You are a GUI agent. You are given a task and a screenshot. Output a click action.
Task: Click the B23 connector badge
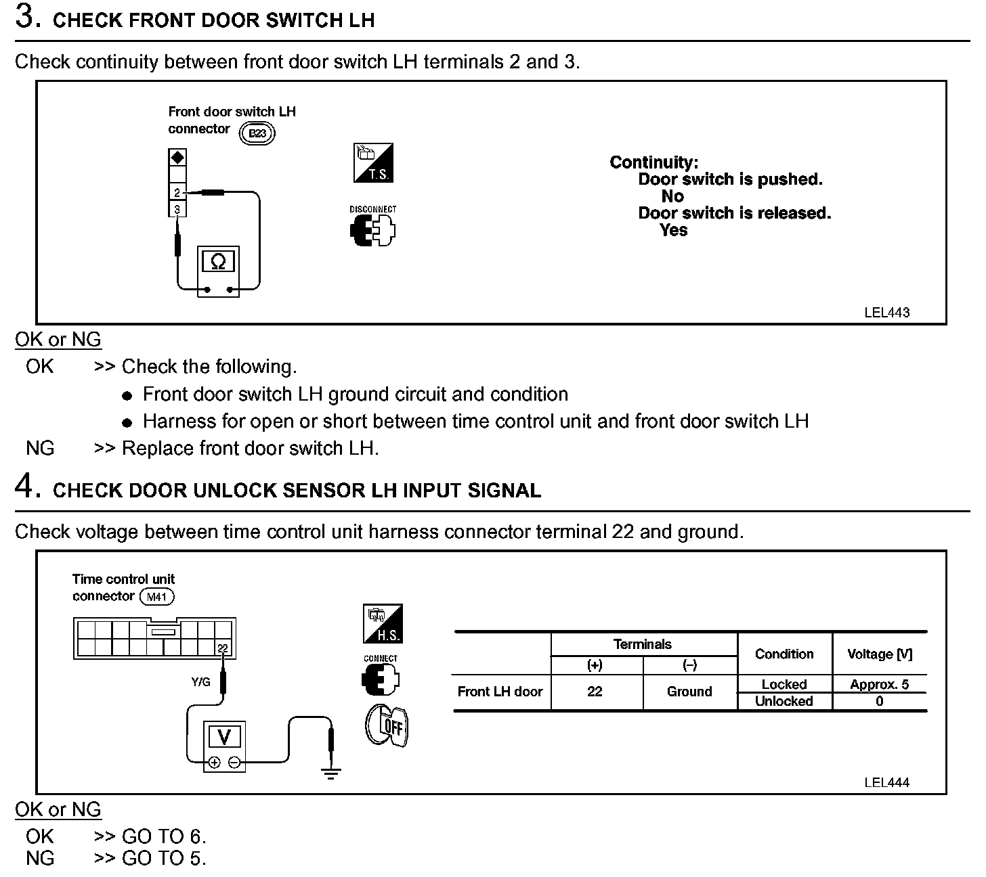257,133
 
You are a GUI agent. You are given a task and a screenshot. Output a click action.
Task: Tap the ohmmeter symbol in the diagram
218,262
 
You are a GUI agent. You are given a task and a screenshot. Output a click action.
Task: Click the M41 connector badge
156,597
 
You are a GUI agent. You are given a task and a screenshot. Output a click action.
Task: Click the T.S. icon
373,163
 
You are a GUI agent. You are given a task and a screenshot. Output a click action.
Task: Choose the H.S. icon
383,624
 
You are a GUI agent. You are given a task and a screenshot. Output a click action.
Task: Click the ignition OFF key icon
387,727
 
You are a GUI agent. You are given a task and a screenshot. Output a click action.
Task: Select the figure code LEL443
886,313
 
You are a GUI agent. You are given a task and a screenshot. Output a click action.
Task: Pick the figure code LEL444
886,782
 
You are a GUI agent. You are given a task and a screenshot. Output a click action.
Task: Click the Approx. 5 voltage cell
879,684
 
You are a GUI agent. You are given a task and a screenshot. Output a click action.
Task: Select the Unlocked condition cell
784,701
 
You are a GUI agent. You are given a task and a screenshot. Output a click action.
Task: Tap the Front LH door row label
500,692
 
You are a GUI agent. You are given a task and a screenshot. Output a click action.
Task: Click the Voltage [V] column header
879,654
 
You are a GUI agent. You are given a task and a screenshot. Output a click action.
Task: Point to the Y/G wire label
200,682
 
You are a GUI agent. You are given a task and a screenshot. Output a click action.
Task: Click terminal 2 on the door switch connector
177,193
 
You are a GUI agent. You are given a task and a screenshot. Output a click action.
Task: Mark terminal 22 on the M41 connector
223,649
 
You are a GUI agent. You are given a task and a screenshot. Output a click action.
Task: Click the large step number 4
24,487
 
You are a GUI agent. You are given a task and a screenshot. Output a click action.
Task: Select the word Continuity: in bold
653,162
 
